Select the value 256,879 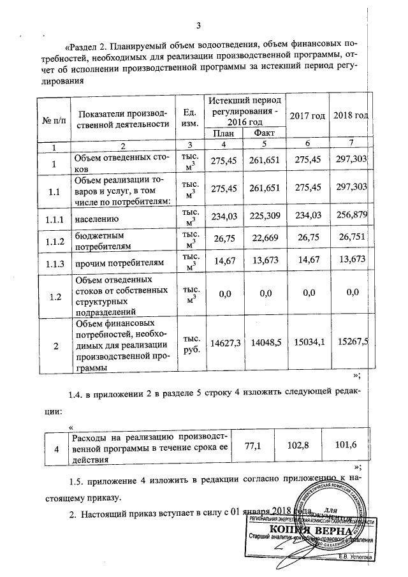coord(351,219)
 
